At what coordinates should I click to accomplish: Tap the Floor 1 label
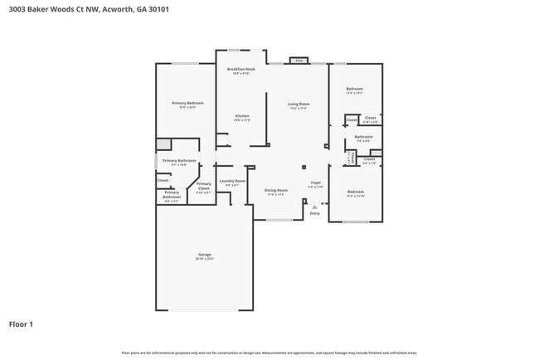[x=21, y=324]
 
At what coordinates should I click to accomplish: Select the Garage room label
[x=204, y=255]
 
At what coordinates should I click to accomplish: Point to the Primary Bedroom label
[x=188, y=103]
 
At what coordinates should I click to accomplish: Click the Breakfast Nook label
[x=242, y=70]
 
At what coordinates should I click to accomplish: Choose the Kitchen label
[x=242, y=115]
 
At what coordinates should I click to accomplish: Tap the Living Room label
[x=298, y=104]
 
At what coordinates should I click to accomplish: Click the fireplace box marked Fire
[x=298, y=61]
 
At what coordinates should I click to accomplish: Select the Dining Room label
[x=275, y=190]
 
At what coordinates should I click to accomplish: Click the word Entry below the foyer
[x=314, y=214]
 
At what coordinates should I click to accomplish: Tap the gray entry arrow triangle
[x=314, y=207]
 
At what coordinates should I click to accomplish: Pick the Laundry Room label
[x=232, y=181]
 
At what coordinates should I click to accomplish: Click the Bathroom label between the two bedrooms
[x=363, y=137]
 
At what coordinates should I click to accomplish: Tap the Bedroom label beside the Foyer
[x=355, y=192]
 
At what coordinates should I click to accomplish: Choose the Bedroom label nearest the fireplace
[x=354, y=89]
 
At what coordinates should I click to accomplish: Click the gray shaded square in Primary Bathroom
[x=165, y=144]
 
